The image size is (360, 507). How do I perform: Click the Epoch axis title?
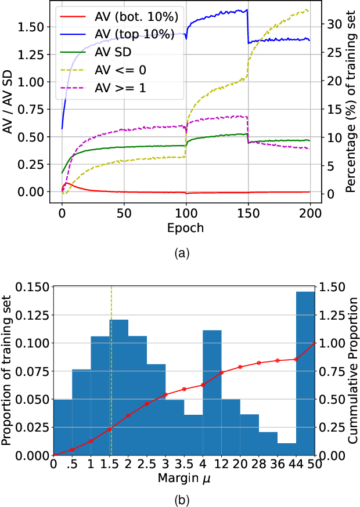(185, 228)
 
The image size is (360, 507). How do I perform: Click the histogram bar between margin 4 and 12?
(213, 392)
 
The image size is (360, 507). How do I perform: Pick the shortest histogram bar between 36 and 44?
(287, 449)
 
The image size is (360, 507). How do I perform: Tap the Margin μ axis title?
(184, 479)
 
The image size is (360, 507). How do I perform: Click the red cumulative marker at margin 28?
(259, 363)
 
